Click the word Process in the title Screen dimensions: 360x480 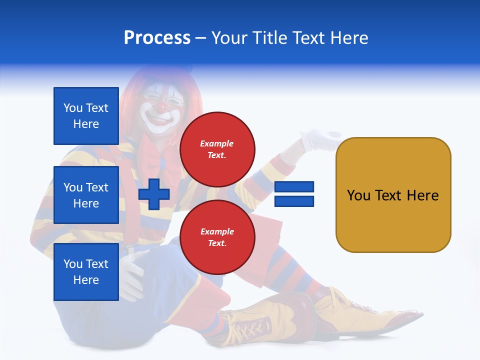pyautogui.click(x=157, y=38)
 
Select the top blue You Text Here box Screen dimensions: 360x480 pyautogui.click(x=86, y=116)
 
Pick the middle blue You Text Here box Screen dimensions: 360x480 pyautogui.click(x=86, y=195)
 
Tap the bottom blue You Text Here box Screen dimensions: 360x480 pyautogui.click(x=86, y=271)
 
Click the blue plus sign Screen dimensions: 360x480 pyautogui.click(x=154, y=194)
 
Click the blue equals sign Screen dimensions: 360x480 pyautogui.click(x=294, y=194)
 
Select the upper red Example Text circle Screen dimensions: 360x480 pyautogui.click(x=217, y=149)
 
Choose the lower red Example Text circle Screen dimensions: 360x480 pyautogui.click(x=217, y=237)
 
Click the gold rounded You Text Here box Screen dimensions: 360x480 pyautogui.click(x=393, y=195)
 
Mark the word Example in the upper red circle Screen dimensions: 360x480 pyautogui.click(x=217, y=143)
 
